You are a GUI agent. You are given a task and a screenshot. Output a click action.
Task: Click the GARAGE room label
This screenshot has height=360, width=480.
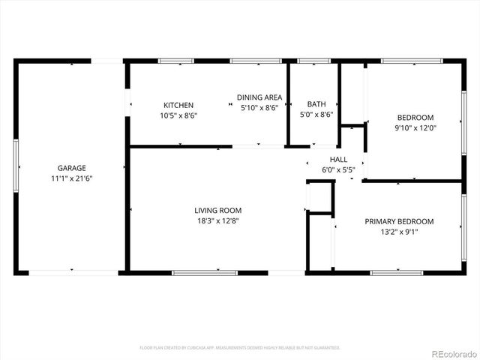(x=72, y=168)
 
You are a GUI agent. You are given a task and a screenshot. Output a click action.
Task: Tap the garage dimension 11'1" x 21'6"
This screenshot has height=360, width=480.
(x=72, y=178)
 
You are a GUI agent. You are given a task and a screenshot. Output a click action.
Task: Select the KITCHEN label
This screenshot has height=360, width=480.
(x=178, y=105)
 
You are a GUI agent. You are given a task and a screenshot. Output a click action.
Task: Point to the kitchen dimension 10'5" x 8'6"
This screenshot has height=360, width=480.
(x=178, y=115)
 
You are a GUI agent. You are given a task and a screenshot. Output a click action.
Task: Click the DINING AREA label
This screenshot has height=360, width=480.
(x=259, y=97)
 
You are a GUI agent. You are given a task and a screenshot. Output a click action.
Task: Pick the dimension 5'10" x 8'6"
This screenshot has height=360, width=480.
(x=259, y=108)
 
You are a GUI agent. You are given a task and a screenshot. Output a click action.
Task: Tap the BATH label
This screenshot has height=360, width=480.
(x=316, y=104)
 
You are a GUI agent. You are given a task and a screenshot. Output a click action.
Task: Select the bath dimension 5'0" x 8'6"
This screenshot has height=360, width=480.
(x=316, y=115)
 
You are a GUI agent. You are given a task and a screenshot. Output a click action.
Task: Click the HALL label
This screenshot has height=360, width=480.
(x=338, y=160)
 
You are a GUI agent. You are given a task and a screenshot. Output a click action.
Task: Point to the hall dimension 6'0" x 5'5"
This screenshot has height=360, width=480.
(x=338, y=170)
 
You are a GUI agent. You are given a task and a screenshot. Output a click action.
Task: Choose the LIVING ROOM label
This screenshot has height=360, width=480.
(x=218, y=211)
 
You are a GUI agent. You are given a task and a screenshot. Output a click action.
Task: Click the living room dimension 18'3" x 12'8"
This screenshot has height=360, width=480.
(x=218, y=221)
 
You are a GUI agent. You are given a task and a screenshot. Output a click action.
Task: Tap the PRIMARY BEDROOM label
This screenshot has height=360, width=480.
(x=399, y=221)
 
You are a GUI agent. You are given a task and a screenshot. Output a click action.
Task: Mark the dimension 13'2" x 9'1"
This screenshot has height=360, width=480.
(x=399, y=232)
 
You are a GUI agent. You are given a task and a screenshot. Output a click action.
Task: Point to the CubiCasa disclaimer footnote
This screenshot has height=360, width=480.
(x=240, y=348)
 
